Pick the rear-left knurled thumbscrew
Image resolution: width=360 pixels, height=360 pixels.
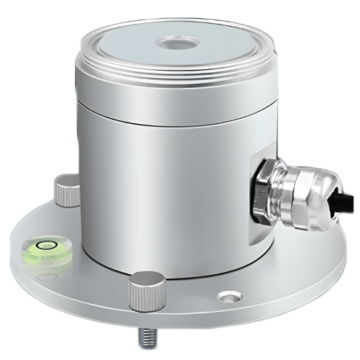click(x=66, y=192)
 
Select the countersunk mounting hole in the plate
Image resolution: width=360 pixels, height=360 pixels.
click(x=228, y=295)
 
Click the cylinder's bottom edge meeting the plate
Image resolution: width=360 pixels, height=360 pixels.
click(x=180, y=276)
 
